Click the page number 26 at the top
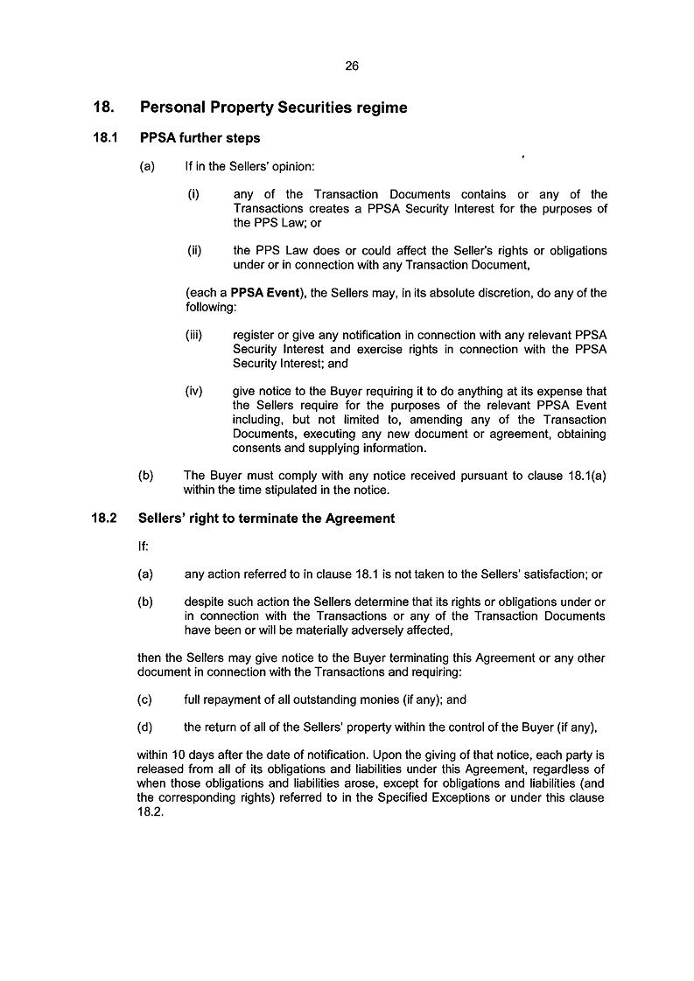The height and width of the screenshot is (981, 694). tap(352, 66)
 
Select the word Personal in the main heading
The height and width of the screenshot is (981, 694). tap(171, 108)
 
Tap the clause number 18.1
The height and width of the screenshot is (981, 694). tap(104, 138)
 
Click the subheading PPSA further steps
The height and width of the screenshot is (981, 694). tap(200, 138)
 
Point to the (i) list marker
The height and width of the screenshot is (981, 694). tap(193, 194)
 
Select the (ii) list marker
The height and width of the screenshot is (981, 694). tap(194, 251)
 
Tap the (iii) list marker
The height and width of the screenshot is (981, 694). tap(195, 335)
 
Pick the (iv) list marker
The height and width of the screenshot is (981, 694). tap(195, 392)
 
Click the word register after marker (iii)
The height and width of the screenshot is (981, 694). tap(254, 335)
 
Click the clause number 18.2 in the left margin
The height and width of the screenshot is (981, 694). tap(104, 518)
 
